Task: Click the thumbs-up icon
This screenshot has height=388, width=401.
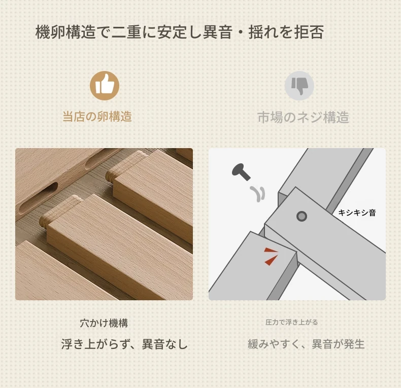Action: click(105, 86)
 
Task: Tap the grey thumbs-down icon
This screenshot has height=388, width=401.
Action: click(299, 86)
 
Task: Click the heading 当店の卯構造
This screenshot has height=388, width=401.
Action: click(97, 117)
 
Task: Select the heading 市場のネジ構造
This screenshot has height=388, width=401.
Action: click(304, 117)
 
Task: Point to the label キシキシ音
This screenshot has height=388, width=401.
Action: click(357, 213)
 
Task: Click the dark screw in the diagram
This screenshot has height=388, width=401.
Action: click(241, 172)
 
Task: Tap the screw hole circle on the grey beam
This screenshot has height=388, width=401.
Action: click(302, 216)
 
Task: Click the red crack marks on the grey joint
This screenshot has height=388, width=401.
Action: click(271, 256)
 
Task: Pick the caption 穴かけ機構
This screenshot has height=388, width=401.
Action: click(104, 323)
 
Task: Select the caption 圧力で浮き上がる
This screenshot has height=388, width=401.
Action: click(291, 322)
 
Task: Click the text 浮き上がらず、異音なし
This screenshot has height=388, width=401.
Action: click(124, 344)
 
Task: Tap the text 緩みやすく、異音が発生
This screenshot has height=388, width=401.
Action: click(306, 344)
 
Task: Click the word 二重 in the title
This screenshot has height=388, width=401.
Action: click(126, 32)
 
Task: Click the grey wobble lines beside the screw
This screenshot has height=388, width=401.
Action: click(257, 193)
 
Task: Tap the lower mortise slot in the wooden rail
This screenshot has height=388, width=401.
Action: click(39, 199)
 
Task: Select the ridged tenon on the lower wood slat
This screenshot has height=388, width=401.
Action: click(61, 209)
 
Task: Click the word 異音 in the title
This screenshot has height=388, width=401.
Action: click(217, 32)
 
